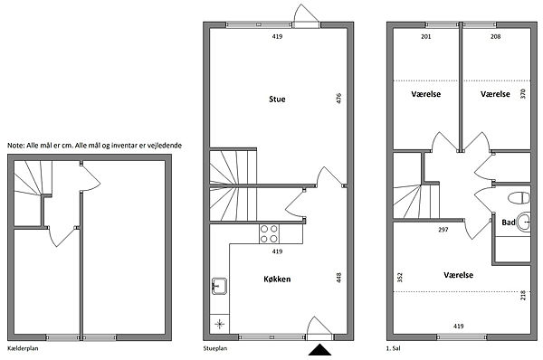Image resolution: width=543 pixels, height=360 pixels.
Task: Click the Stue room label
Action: coord(277,99)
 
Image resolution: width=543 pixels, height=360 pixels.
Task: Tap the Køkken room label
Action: coord(277,279)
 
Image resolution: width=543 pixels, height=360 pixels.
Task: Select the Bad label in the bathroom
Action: coord(509,223)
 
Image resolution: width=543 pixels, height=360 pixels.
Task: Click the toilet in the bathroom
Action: coord(519,198)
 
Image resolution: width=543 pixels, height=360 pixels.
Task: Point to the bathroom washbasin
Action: coord(524,222)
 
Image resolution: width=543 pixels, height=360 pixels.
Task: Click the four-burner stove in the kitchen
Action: coord(269,233)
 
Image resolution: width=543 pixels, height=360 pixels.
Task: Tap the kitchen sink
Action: coord(219,286)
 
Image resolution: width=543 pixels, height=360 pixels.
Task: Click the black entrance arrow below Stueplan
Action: coord(319,350)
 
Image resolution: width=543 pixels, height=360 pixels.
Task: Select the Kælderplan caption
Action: coord(23,348)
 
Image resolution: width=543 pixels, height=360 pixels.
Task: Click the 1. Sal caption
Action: coord(393,348)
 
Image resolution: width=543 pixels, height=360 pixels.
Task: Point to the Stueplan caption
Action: coord(215,348)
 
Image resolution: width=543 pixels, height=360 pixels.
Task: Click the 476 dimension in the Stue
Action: coord(338,98)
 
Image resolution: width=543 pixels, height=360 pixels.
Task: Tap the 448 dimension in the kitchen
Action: coord(338,278)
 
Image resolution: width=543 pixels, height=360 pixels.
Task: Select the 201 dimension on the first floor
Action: coord(426,36)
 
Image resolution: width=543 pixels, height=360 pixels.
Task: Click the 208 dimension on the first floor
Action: coord(496,36)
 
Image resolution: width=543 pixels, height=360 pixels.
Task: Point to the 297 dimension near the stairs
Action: coord(443,229)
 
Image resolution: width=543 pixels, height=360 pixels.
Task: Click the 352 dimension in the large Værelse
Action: coord(400,278)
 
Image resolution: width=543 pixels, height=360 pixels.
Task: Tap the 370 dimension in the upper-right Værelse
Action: coord(523,93)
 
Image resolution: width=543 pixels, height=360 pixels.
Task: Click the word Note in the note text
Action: coord(15,146)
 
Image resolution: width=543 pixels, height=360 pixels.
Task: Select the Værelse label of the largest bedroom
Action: coord(458,275)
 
